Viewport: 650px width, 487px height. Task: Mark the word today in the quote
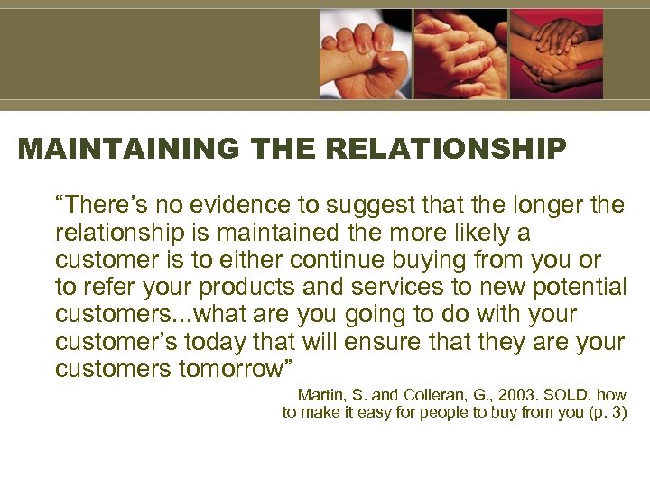(226, 343)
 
